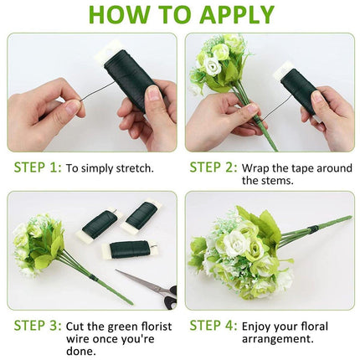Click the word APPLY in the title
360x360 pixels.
pyautogui.click(x=237, y=14)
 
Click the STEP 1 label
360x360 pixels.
pyautogui.click(x=38, y=167)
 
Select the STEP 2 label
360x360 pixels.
pyautogui.click(x=213, y=167)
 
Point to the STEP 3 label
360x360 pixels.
pyautogui.click(x=38, y=326)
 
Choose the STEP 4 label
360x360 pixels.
pyautogui.click(x=213, y=326)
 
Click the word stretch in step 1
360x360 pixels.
pyautogui.click(x=135, y=168)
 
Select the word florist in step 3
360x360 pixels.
pyautogui.click(x=156, y=327)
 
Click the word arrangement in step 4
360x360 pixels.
pyautogui.click(x=278, y=339)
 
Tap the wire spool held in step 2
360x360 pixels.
pyautogui.click(x=298, y=90)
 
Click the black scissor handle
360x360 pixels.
pyautogui.click(x=171, y=298)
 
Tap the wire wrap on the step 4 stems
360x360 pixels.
pyautogui.click(x=314, y=229)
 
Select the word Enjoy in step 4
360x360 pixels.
pyautogui.click(x=257, y=327)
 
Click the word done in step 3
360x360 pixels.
pyautogui.click(x=81, y=351)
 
